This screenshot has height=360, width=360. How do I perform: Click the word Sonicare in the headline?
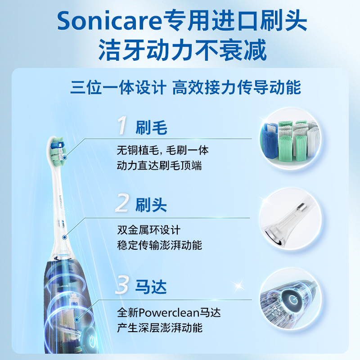[109, 21]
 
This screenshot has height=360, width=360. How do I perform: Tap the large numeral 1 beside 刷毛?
[122, 125]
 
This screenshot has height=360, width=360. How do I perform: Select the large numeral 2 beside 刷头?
[122, 202]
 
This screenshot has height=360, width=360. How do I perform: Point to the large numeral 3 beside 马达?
[121, 285]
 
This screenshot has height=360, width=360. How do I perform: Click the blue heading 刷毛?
[151, 127]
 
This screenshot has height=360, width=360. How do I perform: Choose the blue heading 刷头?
[151, 205]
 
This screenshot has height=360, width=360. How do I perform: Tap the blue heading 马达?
[151, 287]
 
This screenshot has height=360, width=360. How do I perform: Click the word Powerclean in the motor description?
[169, 313]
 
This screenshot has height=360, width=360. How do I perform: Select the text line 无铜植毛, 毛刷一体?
[162, 151]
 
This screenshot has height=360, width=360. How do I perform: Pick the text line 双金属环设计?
[149, 230]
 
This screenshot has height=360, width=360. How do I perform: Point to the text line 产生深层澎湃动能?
[160, 328]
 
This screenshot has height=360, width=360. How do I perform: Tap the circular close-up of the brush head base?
[290, 219]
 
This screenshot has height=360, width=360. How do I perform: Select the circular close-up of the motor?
[291, 299]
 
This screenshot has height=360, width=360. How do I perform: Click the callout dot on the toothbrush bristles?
[65, 158]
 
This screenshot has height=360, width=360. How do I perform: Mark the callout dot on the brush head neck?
[65, 237]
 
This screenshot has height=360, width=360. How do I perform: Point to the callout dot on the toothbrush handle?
[77, 319]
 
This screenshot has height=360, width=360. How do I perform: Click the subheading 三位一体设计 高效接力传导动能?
[185, 87]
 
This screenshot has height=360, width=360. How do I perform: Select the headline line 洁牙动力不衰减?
[183, 50]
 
